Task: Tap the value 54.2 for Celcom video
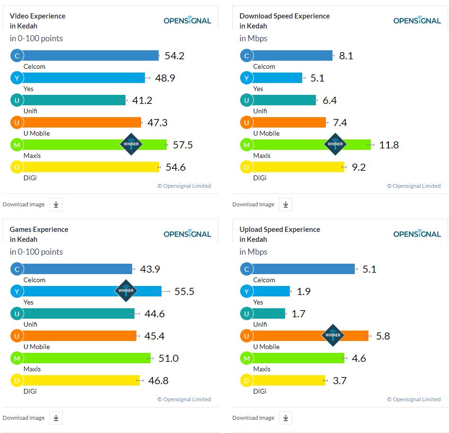tap(174, 56)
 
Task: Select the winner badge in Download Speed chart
tap(335, 144)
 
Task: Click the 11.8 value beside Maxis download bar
tap(389, 145)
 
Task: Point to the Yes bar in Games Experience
tap(71, 291)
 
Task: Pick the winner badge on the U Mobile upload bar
tap(333, 335)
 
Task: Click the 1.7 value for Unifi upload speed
tap(299, 314)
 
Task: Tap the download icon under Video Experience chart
tap(56, 204)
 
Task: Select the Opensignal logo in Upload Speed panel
tap(417, 234)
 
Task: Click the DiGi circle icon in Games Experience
tap(17, 381)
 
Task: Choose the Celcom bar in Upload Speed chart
tap(303, 269)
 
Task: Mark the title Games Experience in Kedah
tap(39, 234)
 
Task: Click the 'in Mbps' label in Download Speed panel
tap(253, 38)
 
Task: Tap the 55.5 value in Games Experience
tap(184, 292)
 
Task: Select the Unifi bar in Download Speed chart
tap(284, 100)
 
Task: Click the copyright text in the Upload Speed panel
tap(413, 399)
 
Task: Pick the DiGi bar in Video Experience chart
tap(90, 167)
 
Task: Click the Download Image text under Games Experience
tap(24, 418)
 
